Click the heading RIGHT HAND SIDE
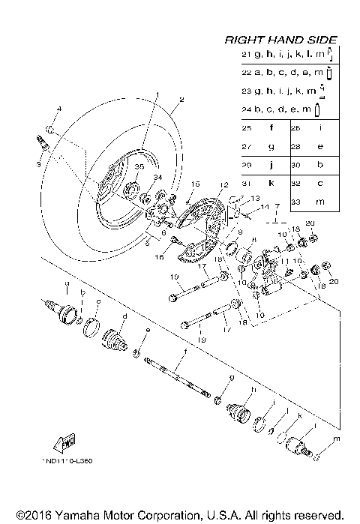click(281, 40)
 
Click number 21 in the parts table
click(246, 55)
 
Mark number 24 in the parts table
click(246, 110)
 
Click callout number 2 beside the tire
click(181, 100)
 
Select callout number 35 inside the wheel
click(138, 166)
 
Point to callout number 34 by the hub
click(157, 177)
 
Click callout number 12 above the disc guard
click(223, 184)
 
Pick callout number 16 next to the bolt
click(158, 256)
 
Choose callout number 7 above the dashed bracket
click(277, 205)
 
